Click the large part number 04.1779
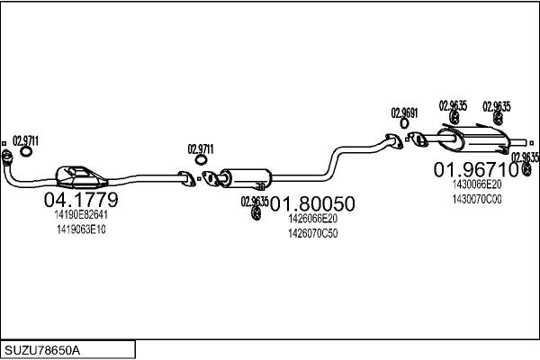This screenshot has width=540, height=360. (x=81, y=200)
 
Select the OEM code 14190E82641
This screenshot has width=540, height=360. (x=81, y=214)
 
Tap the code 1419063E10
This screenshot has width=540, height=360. (x=81, y=229)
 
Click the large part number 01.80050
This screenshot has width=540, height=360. (x=312, y=203)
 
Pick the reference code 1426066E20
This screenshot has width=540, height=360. (x=312, y=219)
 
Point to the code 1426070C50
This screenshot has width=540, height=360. (x=312, y=234)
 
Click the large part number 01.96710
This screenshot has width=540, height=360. (x=476, y=169)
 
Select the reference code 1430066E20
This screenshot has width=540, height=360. (x=477, y=184)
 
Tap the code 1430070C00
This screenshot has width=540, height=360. (x=477, y=199)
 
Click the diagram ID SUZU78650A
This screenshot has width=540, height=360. (x=42, y=350)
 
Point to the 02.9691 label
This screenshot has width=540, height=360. (x=404, y=113)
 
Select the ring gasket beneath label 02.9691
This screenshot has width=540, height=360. (x=404, y=123)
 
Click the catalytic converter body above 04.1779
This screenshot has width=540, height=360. (x=82, y=177)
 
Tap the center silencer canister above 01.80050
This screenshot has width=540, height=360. (x=246, y=178)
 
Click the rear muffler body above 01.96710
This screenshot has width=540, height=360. (x=473, y=139)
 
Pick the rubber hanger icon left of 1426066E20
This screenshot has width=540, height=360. (x=256, y=213)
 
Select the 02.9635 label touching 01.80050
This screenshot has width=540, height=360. (x=255, y=202)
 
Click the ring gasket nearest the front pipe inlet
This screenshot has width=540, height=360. (x=26, y=151)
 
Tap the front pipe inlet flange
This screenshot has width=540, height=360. (x=7, y=157)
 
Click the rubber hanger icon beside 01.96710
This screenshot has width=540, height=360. (x=526, y=169)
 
